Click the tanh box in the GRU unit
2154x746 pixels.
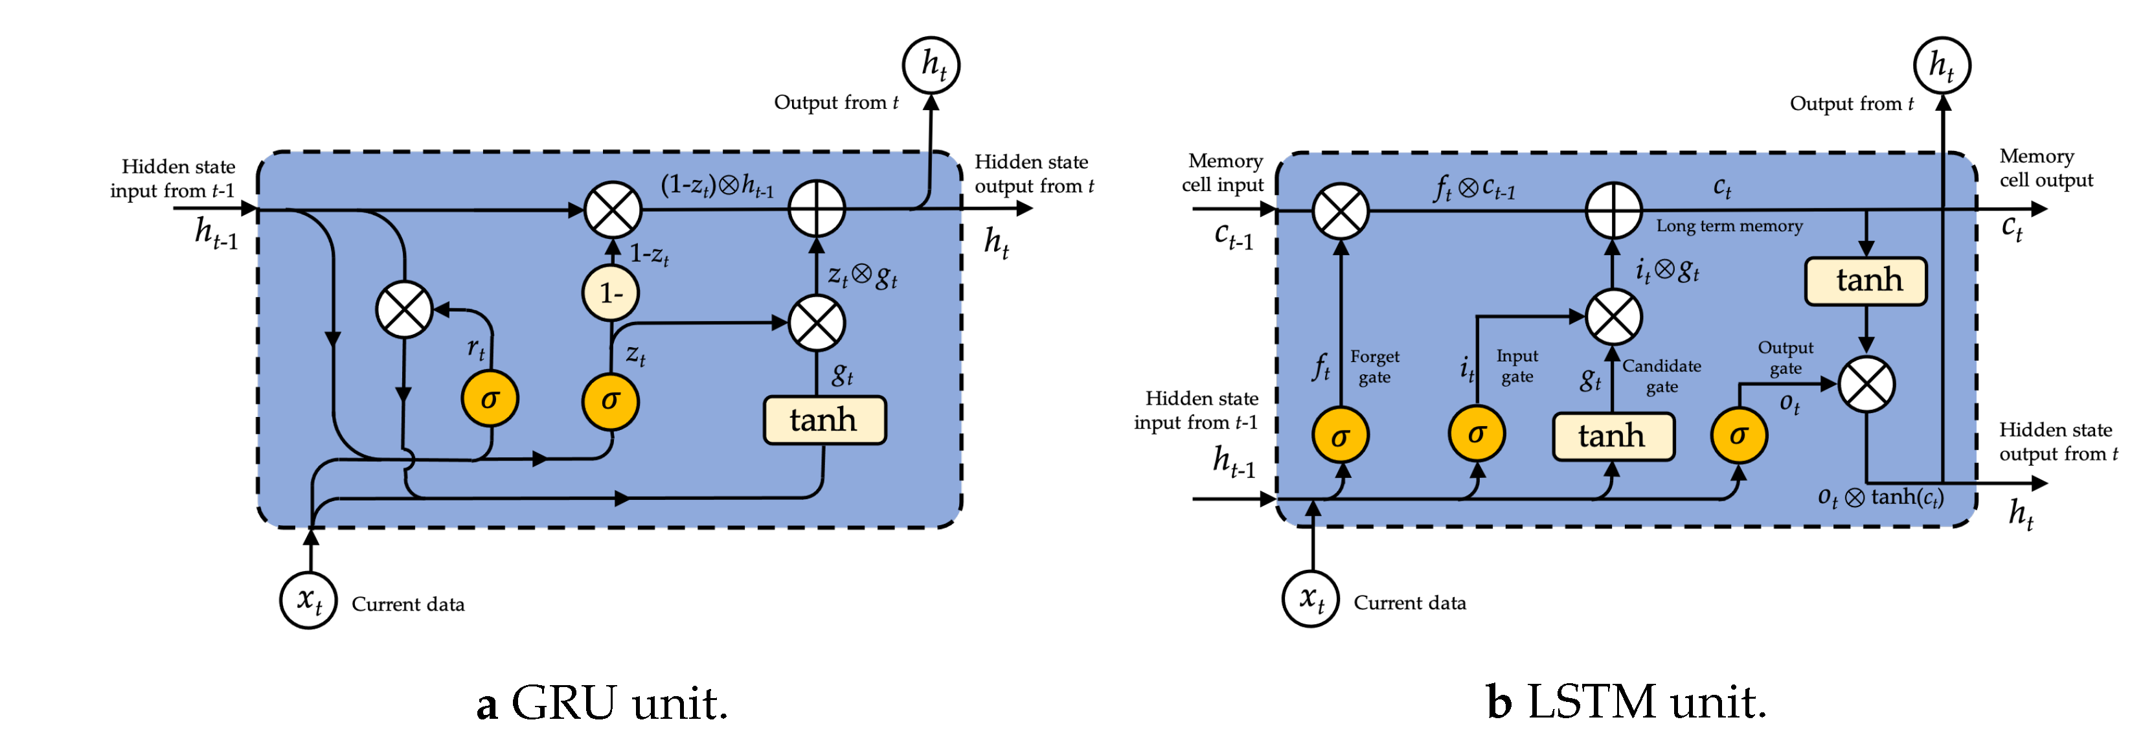[824, 420]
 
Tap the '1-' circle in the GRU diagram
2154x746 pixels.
[611, 293]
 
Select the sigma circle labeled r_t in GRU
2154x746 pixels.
[490, 399]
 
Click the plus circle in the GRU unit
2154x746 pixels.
[817, 209]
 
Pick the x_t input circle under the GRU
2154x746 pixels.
[308, 600]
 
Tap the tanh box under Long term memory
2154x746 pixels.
[1866, 280]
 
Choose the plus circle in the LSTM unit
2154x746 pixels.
[1614, 209]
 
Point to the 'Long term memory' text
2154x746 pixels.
[1729, 226]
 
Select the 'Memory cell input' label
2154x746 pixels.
[1223, 172]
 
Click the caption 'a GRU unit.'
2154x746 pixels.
[602, 703]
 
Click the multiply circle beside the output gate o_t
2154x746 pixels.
[1866, 384]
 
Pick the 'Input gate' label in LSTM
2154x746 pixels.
[1517, 367]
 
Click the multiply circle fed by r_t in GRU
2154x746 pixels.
[405, 310]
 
